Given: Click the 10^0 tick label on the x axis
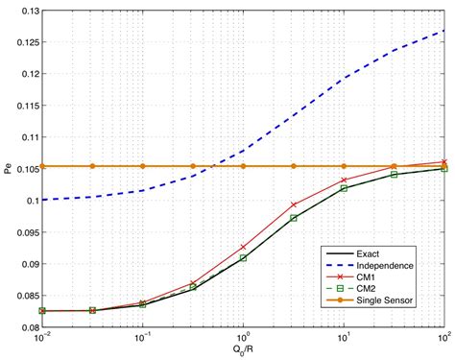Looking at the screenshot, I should click(x=243, y=338).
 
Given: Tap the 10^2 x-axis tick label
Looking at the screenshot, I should click(x=443, y=338).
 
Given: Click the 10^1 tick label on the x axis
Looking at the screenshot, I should click(x=344, y=338).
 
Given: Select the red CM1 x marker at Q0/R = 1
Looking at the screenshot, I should click(x=243, y=248).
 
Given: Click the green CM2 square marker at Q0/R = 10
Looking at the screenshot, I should click(x=344, y=188).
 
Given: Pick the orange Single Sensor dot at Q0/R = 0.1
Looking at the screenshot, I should click(x=143, y=166).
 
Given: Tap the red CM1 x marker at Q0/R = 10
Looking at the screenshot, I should click(x=344, y=180).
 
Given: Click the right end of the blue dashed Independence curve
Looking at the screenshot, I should click(x=443, y=31).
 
